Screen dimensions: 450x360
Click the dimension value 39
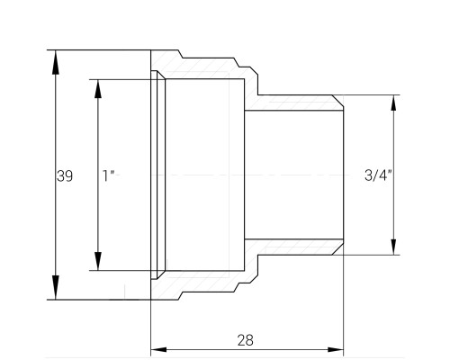[x=65, y=176]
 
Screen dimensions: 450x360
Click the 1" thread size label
[x=109, y=175]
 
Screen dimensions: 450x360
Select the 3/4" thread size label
[x=378, y=175]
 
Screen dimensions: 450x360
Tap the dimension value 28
[x=245, y=340]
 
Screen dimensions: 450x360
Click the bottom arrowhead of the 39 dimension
[x=55, y=287]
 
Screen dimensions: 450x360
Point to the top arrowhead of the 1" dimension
[x=98, y=89]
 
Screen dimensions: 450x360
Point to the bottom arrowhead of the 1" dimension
[x=98, y=261]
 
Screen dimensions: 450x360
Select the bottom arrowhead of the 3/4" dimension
[x=393, y=247]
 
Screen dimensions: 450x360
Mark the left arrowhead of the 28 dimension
[x=158, y=349]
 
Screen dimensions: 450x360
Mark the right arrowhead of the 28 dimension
[x=336, y=349]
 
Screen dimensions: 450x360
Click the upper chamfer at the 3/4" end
[x=337, y=101]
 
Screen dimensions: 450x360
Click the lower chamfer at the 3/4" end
[x=337, y=248]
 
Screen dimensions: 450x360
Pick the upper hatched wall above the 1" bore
[x=204, y=68]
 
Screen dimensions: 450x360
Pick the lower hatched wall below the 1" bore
[x=204, y=282]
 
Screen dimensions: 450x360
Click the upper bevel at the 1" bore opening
[x=161, y=75]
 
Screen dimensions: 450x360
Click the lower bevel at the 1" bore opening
[x=161, y=275]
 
